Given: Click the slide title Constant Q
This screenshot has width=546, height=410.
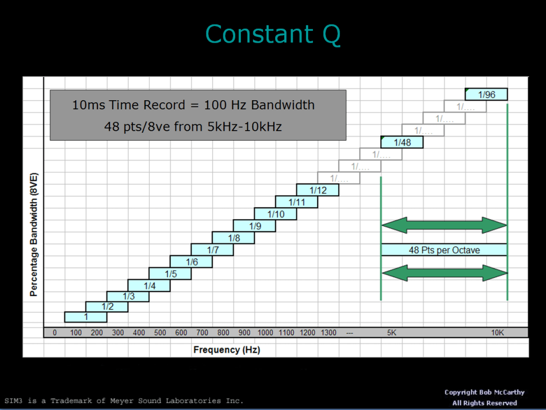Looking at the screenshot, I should click(272, 35).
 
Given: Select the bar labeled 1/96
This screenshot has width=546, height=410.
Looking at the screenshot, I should click(486, 94).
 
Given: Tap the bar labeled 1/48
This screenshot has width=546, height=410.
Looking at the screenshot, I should click(402, 142).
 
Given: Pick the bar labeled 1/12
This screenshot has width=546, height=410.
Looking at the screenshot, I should click(318, 190).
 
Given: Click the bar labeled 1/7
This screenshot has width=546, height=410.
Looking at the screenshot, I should click(212, 250).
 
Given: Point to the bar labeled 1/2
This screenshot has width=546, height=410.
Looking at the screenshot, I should click(107, 306).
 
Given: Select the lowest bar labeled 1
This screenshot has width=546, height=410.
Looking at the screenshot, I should click(85, 317).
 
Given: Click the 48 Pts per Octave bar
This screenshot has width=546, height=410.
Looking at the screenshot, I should click(444, 250).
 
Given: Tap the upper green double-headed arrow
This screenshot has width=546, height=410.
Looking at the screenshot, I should click(444, 225).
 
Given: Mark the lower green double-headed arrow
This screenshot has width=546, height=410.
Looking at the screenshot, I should click(444, 274).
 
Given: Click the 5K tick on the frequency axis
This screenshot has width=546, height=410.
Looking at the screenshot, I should click(391, 333).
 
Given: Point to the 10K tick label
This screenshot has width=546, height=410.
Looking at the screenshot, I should click(497, 333).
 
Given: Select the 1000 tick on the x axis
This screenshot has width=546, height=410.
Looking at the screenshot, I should click(265, 333).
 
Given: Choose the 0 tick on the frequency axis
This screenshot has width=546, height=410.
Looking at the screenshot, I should click(54, 333).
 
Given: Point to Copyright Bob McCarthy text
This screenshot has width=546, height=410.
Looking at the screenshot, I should click(484, 392).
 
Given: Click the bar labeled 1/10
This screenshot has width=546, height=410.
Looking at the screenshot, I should click(276, 214).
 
